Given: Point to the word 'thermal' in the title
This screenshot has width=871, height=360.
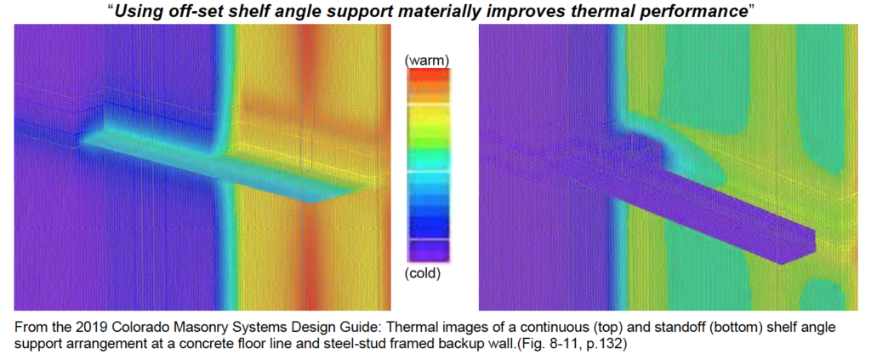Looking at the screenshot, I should tap(561, 13).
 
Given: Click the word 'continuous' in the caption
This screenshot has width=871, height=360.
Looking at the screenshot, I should tap(622, 324).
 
